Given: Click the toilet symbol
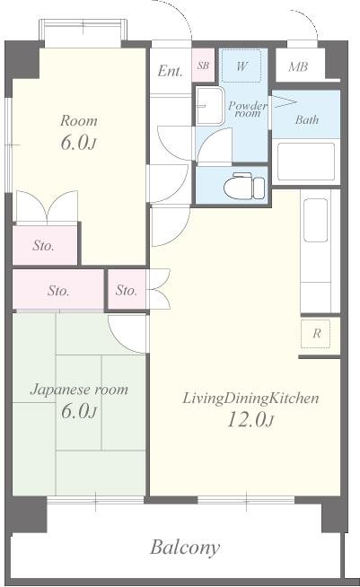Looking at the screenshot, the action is click(x=244, y=186).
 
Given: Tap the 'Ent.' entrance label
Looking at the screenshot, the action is click(x=170, y=70).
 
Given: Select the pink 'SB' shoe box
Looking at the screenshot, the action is click(x=203, y=66).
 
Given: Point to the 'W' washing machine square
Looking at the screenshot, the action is click(x=241, y=66).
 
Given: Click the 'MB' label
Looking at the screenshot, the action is click(x=298, y=67).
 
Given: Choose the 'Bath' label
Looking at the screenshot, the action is click(x=307, y=119).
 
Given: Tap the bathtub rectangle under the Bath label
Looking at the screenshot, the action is click(x=305, y=162).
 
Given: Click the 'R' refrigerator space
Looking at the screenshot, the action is click(x=317, y=334).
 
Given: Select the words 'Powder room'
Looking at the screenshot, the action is click(x=248, y=109).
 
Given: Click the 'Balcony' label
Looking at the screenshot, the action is click(x=185, y=548).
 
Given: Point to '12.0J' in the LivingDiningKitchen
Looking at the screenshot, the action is click(x=250, y=419).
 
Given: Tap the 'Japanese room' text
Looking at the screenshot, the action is click(x=79, y=390).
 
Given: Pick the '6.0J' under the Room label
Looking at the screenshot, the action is click(x=78, y=143).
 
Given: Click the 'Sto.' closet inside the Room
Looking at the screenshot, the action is click(x=45, y=245).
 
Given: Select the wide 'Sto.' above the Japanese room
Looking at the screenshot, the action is click(x=58, y=290).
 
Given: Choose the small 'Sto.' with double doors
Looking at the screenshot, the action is click(x=127, y=290).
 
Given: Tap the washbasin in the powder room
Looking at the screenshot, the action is click(x=209, y=106).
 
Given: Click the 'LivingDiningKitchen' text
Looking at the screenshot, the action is click(x=250, y=399).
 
